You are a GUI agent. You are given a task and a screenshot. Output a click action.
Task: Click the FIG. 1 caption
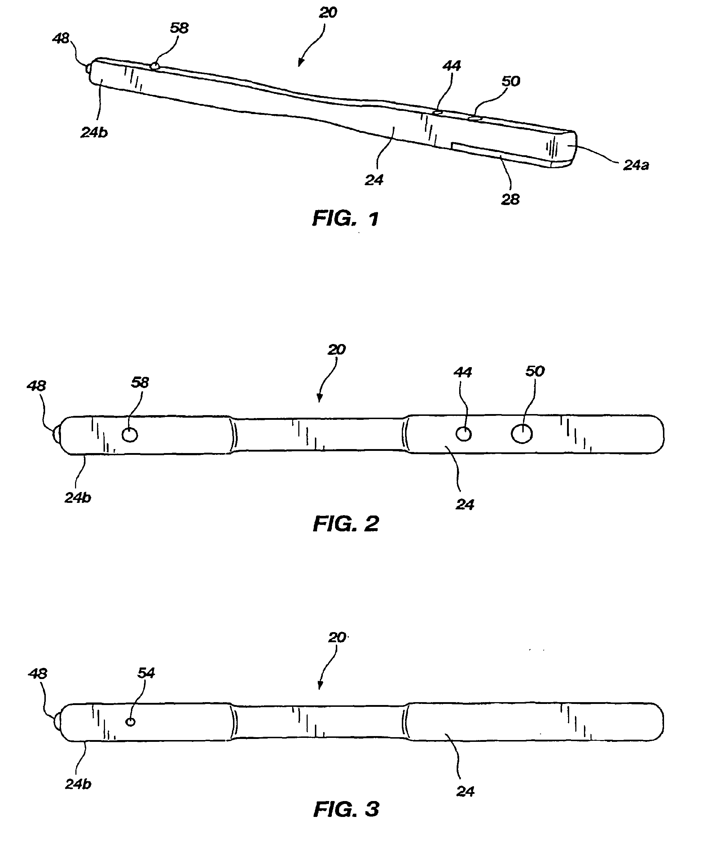(346, 219)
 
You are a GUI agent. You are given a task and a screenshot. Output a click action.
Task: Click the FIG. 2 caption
(346, 524)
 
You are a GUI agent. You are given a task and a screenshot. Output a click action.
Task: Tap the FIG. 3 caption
(346, 809)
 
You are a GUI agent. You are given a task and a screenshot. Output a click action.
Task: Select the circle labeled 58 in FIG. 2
(129, 435)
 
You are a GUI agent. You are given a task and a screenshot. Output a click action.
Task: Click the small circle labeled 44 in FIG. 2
(463, 434)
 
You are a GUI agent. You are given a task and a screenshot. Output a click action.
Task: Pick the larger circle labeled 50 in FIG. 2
(522, 434)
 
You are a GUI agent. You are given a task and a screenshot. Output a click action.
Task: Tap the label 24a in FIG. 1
(636, 165)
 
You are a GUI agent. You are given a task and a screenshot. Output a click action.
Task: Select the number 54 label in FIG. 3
(146, 673)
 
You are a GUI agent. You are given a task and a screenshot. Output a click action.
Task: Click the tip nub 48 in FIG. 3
(57, 722)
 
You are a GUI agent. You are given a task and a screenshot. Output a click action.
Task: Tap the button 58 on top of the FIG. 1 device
(154, 66)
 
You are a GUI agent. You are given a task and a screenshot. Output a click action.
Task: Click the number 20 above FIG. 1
(328, 13)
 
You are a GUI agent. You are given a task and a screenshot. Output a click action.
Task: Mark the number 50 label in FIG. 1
(510, 82)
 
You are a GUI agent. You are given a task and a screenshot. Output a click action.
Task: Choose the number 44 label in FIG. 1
(451, 66)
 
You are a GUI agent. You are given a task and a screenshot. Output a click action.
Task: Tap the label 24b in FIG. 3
(78, 784)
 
